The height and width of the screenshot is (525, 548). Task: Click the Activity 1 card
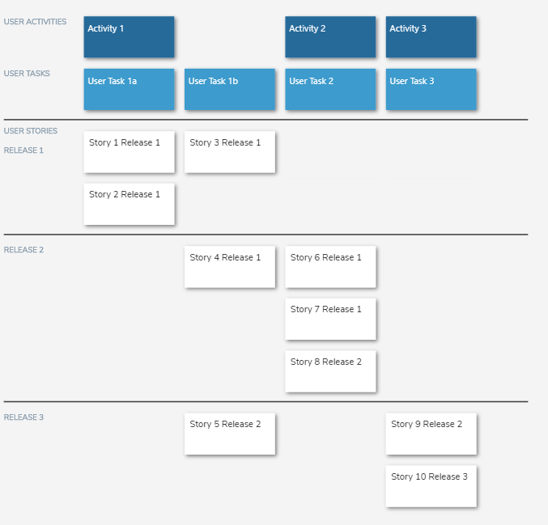coord(129,37)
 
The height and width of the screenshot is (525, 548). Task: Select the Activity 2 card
coord(330,37)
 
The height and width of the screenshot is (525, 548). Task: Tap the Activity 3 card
coord(431,37)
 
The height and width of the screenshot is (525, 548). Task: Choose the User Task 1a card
coord(129,89)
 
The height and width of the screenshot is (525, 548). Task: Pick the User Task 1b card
coord(230,89)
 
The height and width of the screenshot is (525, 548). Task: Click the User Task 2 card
coord(330,89)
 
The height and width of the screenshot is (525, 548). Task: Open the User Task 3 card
coord(431,89)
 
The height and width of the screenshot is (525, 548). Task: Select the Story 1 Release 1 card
coord(129,152)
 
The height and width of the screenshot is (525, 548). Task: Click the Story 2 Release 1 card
coord(129,204)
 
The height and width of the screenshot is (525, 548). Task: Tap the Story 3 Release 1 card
coord(230,152)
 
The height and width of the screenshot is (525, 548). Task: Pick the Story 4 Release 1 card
coord(230,267)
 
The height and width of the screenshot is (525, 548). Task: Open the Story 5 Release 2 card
coord(230,434)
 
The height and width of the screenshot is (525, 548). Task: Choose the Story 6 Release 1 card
coord(330,267)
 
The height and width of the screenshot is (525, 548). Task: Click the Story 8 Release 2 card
coord(330,371)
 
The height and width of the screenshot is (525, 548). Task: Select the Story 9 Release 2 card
coord(431,434)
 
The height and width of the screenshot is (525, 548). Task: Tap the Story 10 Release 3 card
coord(431,486)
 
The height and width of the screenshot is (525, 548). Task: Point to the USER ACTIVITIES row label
coord(35,22)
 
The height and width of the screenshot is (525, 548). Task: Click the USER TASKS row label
coord(27,74)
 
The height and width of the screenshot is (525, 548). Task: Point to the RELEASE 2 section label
coord(23,250)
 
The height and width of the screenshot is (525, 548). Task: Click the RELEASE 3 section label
coord(23,417)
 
